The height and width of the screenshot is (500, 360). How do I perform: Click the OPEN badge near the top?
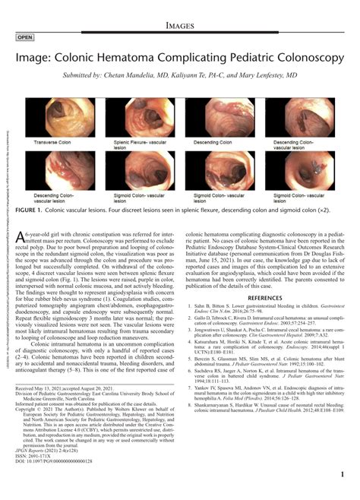25,36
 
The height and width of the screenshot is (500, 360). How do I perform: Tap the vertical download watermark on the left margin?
5,175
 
